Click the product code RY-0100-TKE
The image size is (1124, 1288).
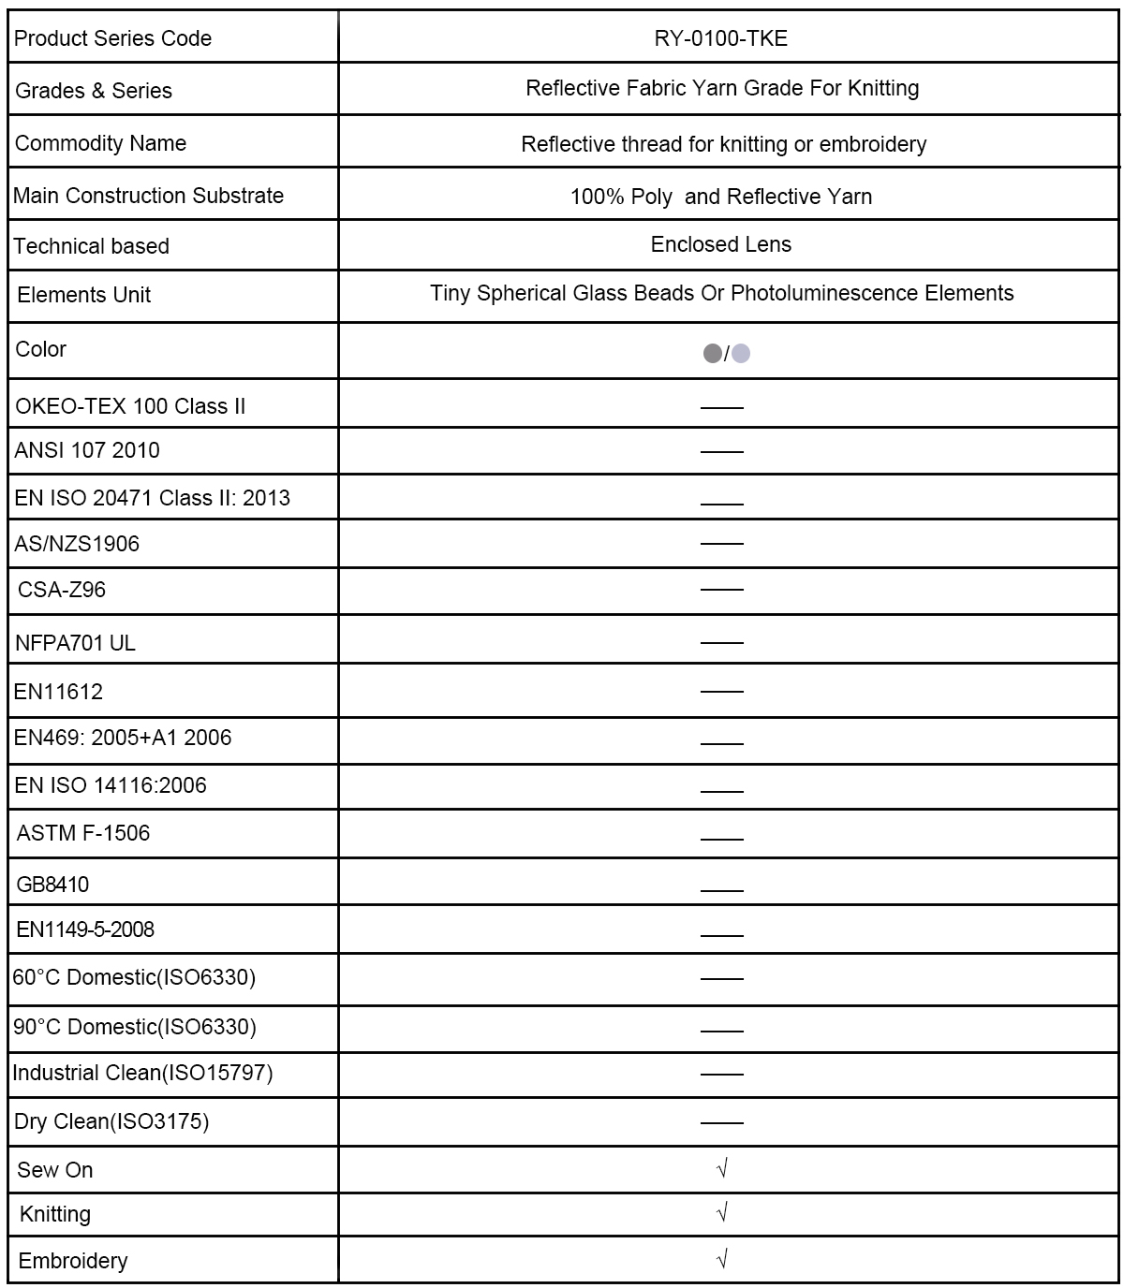pos(720,38)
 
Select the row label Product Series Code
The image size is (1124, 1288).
pos(112,38)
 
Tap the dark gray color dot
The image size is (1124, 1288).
pos(712,354)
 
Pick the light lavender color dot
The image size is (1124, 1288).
pos(741,354)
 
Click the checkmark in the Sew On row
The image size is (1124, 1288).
pos(721,1168)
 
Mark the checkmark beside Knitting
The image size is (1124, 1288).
pos(721,1213)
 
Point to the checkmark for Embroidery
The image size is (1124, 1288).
pos(721,1259)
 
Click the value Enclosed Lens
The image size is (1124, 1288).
pos(720,244)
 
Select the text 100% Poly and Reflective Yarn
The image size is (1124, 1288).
pos(720,197)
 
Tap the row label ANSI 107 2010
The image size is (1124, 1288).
pos(87,450)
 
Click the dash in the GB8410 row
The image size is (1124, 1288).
pos(721,890)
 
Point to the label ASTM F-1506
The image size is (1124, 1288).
pos(83,833)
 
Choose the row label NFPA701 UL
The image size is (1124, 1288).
pos(76,643)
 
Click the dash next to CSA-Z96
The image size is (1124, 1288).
pos(721,590)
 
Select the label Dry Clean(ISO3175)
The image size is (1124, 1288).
pos(111,1121)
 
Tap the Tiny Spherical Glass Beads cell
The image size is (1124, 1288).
pos(721,294)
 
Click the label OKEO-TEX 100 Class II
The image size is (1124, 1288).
pos(130,406)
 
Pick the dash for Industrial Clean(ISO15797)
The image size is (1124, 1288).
pos(721,1074)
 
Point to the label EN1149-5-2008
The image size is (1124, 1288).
pos(85,929)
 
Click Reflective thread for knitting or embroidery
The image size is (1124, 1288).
pos(723,144)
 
